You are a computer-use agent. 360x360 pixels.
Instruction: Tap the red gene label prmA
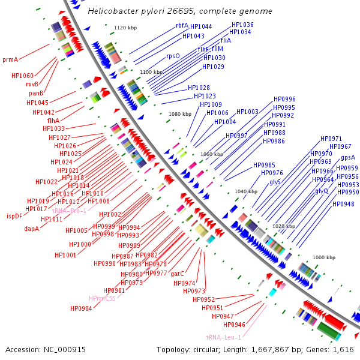[x=10, y=59]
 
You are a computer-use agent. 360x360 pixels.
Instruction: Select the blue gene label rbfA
[x=182, y=25]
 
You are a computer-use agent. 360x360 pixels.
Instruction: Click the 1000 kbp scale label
[x=324, y=257]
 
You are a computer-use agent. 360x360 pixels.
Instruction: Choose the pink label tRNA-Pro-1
[x=69, y=211]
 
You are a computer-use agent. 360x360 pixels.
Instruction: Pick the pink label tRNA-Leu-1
[x=223, y=337]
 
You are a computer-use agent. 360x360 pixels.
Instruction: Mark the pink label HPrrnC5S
[x=102, y=298]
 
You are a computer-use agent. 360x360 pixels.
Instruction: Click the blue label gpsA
[x=348, y=157]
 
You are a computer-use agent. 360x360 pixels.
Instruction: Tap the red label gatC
[x=177, y=274]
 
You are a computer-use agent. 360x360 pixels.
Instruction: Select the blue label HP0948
[x=343, y=204]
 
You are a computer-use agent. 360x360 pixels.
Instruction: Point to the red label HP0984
[x=81, y=308]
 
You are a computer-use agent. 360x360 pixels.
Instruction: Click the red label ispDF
[x=14, y=216]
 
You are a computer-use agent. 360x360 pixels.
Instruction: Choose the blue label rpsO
[x=173, y=56]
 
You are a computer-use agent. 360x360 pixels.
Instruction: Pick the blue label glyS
[x=275, y=181]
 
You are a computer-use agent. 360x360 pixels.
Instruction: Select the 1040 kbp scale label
[x=245, y=191]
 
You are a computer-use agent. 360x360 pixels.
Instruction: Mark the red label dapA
[x=31, y=229]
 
